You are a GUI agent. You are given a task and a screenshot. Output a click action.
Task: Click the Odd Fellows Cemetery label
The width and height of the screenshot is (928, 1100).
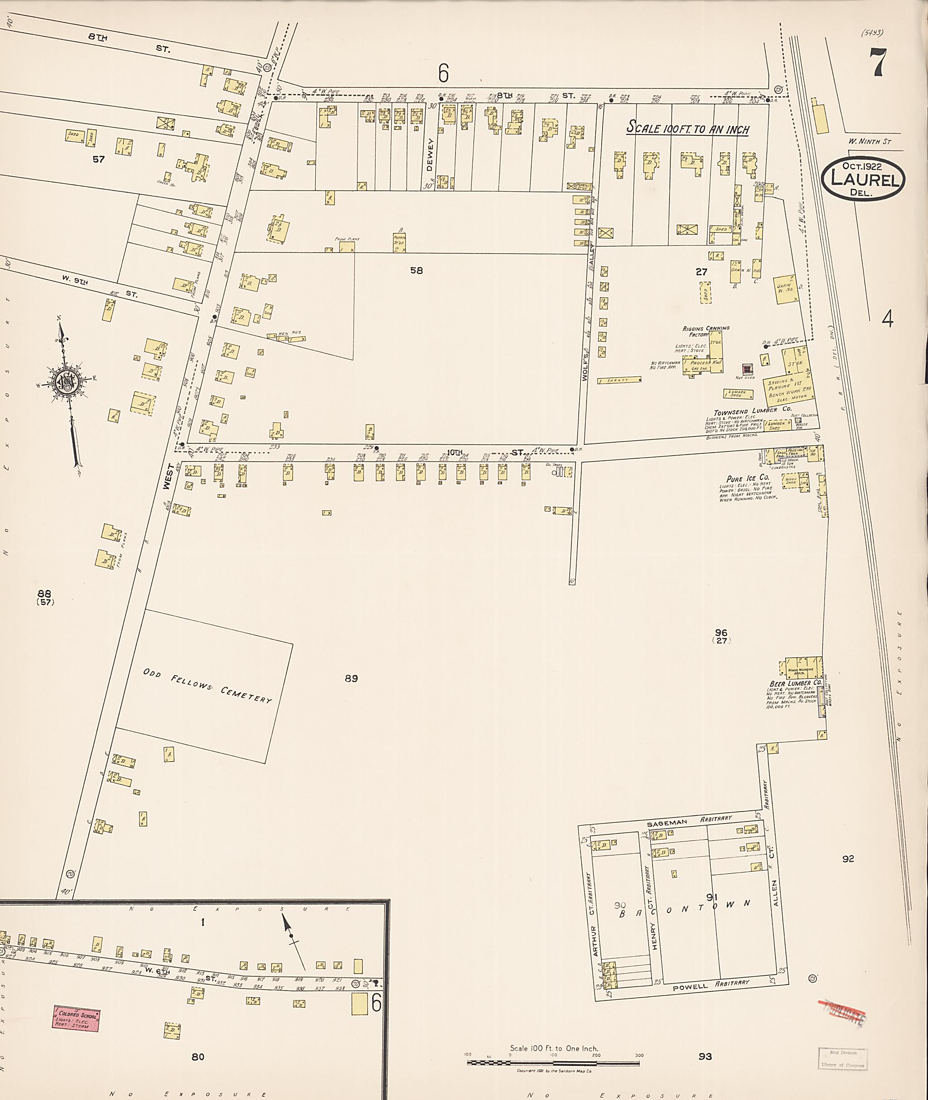207,687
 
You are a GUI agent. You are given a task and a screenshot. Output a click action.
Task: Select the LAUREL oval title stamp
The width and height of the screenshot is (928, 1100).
863,180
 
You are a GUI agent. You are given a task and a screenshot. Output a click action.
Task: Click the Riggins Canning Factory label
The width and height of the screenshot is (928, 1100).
706,331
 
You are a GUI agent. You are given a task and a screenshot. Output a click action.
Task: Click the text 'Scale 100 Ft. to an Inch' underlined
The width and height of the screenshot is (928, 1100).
687,128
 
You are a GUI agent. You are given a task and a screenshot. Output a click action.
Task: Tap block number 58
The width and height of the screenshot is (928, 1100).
416,270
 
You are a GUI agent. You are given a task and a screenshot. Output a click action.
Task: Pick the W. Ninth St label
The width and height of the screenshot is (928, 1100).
869,141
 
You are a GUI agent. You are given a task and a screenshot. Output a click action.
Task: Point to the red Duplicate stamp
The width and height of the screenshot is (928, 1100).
842,1011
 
